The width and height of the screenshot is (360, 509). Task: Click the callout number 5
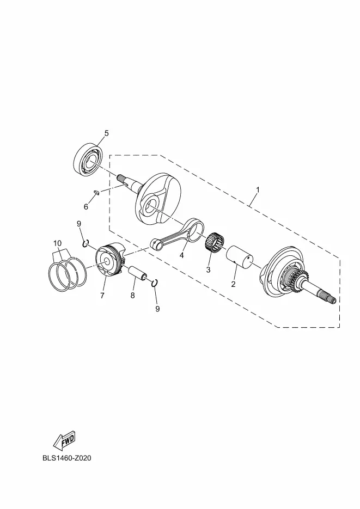point(106,133)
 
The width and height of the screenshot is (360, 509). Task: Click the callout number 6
point(86,207)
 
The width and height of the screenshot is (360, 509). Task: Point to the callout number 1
point(258,189)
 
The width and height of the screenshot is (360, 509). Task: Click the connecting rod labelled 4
point(177,236)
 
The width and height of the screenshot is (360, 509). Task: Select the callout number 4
point(182,255)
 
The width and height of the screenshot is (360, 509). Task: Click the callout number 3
point(209,270)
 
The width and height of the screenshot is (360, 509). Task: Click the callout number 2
point(233,285)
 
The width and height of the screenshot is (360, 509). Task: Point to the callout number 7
point(102,296)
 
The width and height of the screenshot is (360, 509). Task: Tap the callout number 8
point(132,296)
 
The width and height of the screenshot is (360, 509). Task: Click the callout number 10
point(57,243)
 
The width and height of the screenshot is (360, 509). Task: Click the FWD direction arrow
point(65,440)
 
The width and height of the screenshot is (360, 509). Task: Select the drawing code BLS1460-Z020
point(67,458)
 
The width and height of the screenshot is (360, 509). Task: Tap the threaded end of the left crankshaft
point(121,178)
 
